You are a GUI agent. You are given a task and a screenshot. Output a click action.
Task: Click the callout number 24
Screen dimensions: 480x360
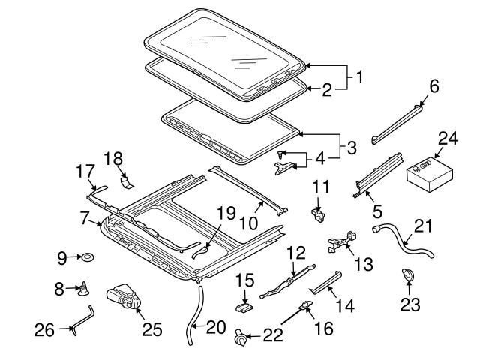[448, 139]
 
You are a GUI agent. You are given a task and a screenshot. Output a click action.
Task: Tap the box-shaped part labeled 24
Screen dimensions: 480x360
[430, 175]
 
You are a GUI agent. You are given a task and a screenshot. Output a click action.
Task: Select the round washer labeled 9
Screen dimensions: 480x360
[88, 257]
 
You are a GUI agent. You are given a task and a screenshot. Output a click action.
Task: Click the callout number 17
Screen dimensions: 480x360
[85, 172]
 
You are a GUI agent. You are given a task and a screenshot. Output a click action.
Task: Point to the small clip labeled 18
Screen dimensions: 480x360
[127, 182]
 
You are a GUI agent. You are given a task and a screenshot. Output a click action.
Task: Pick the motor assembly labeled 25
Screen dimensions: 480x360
[123, 296]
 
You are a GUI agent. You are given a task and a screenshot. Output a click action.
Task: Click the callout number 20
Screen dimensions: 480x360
[216, 327]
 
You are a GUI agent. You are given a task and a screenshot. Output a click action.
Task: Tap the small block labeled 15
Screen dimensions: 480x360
[244, 306]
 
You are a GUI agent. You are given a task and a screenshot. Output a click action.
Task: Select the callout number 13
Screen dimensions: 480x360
[363, 264]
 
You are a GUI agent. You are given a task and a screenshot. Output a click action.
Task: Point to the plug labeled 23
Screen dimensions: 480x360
[407, 274]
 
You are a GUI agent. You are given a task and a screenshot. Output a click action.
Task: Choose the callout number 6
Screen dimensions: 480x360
[433, 86]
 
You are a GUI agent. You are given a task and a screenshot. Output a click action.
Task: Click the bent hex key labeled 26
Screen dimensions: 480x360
[83, 319]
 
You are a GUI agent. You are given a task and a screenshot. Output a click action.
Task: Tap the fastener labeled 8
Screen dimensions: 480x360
[83, 289]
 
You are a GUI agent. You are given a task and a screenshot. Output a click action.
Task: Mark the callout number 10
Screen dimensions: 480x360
[248, 223]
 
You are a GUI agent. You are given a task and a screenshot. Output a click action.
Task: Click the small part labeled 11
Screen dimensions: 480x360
[318, 214]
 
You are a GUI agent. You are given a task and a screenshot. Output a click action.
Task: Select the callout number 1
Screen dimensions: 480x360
[359, 76]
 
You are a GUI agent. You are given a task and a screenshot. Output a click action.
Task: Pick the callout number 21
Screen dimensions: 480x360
[423, 226]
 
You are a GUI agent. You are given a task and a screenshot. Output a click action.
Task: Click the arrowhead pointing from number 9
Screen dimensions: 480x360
[79, 257]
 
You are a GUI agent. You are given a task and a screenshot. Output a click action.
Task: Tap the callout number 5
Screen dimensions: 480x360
[377, 211]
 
